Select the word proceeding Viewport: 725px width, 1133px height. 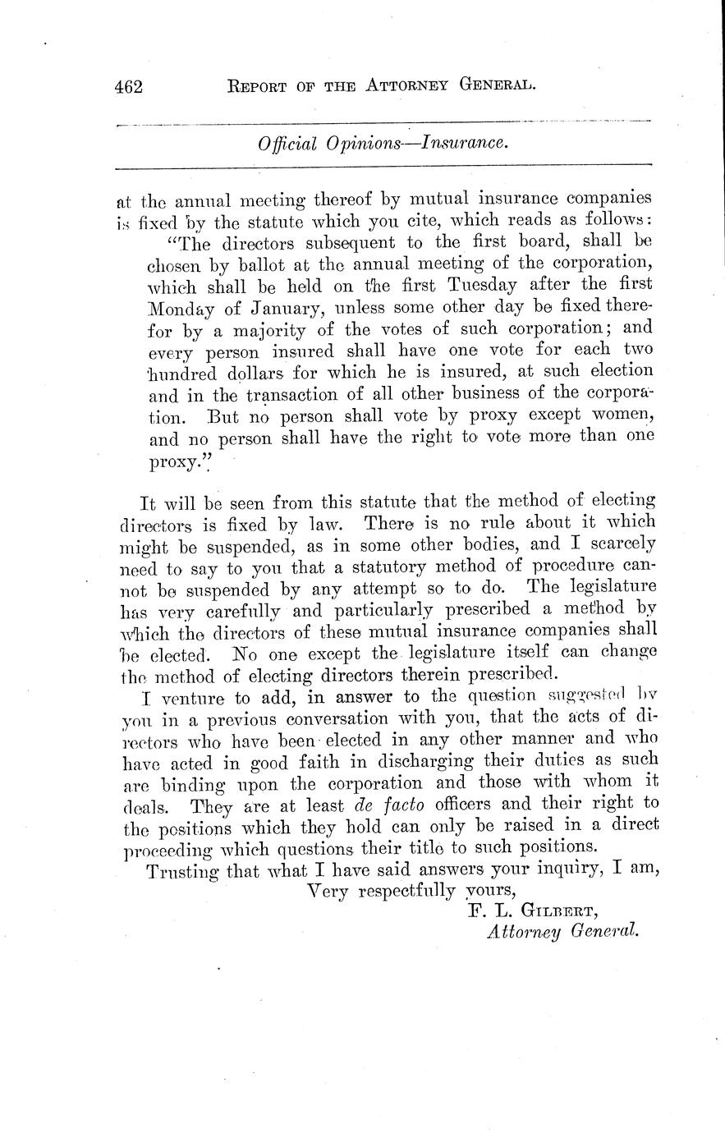coord(168,846)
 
